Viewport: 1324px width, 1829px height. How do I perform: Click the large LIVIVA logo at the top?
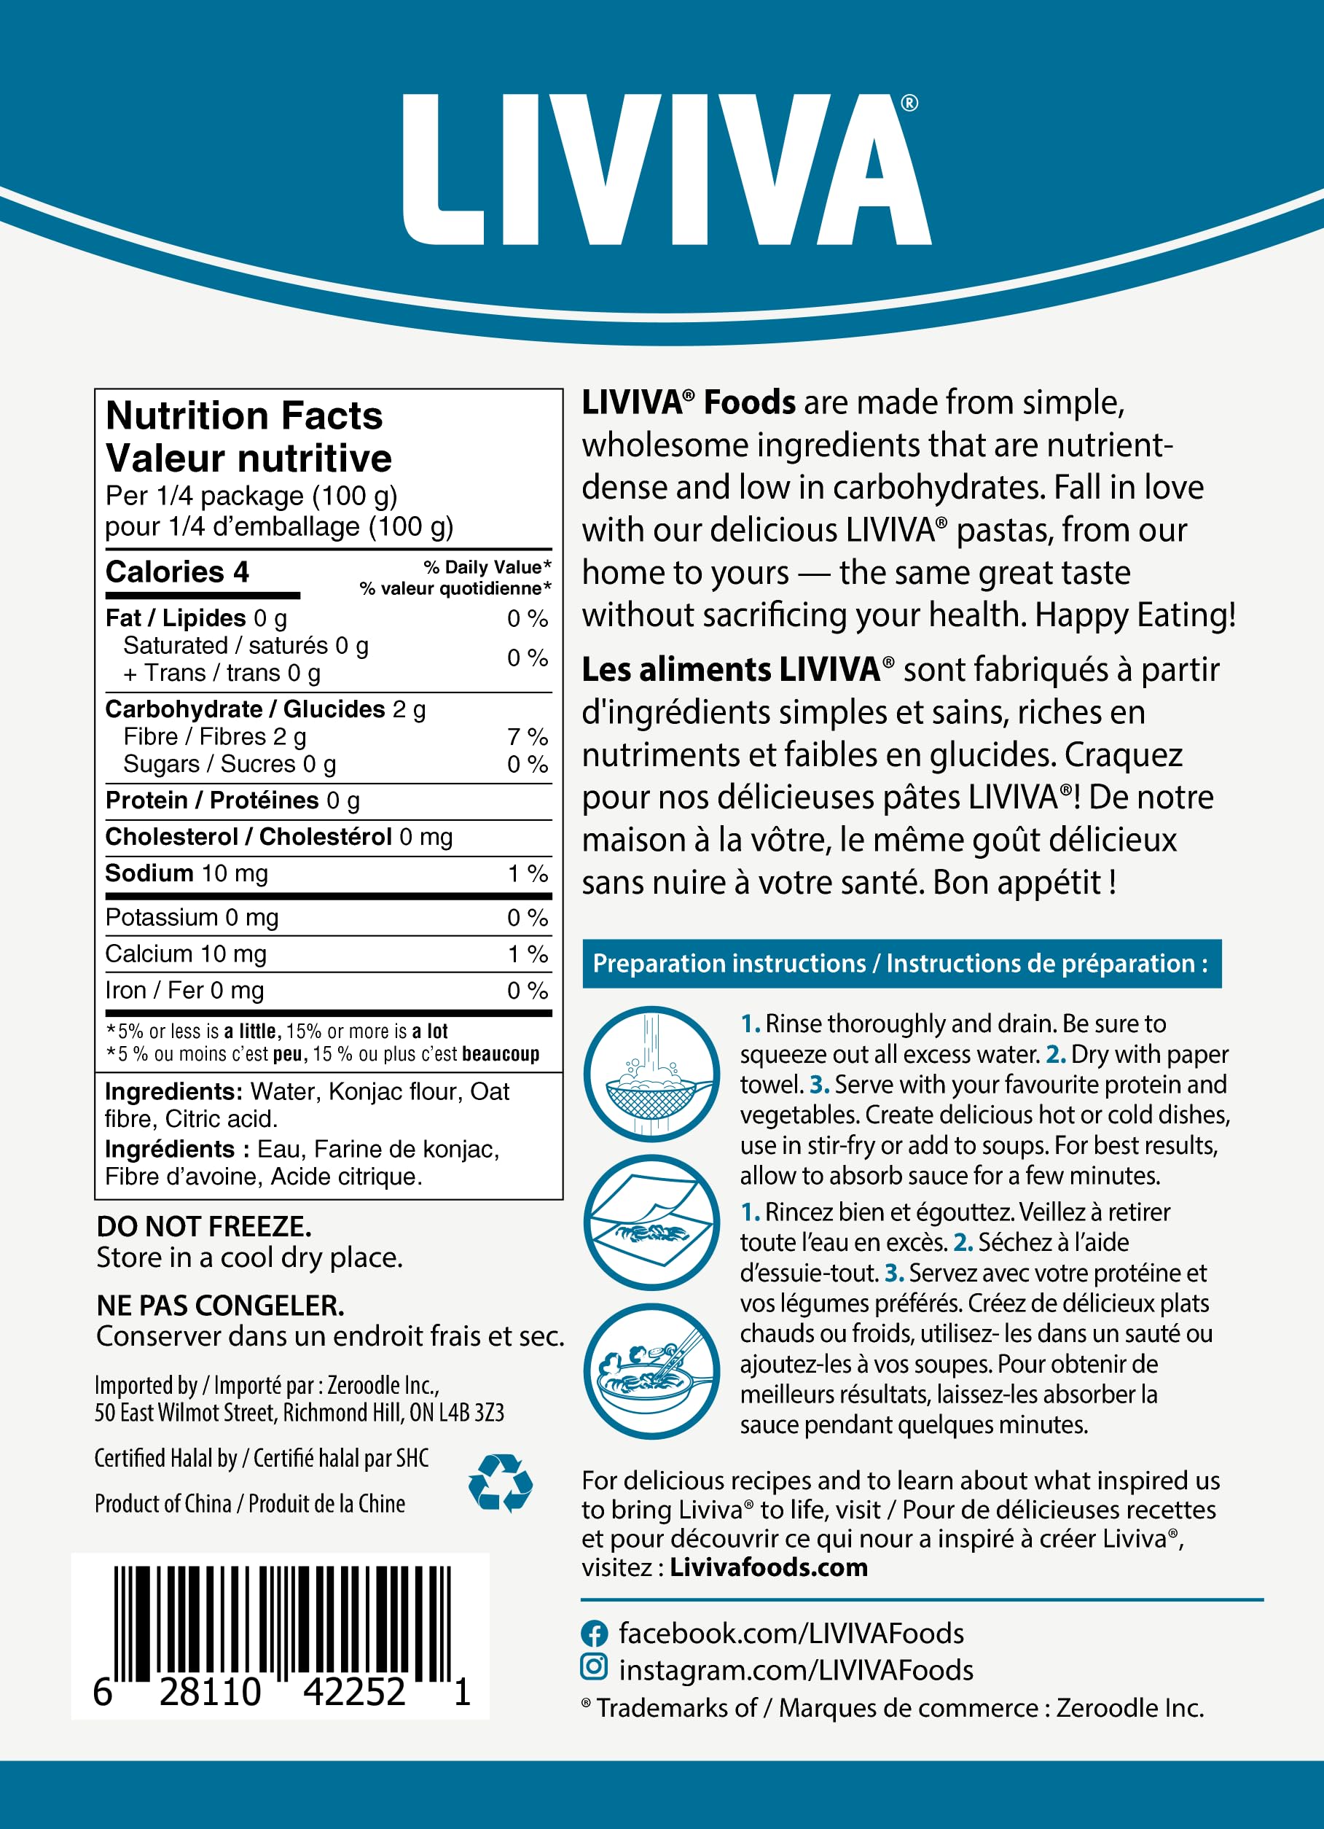(667, 169)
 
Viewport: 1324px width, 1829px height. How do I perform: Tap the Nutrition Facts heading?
(243, 416)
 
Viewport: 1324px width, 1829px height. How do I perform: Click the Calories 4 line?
(177, 572)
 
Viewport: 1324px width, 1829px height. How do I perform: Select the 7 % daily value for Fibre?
(528, 736)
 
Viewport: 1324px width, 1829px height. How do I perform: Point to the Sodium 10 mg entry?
(187, 873)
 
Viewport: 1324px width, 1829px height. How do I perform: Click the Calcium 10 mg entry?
(186, 954)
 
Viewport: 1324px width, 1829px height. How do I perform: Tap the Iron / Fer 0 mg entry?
(184, 990)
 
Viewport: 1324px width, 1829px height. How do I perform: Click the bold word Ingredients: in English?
(173, 1091)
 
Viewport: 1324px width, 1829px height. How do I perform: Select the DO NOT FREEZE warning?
(204, 1227)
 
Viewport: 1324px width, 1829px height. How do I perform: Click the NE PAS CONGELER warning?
(220, 1306)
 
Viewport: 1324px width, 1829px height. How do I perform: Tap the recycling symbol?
(500, 1482)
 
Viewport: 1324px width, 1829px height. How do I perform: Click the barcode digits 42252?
(354, 1691)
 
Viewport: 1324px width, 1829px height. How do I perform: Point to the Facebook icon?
(595, 1634)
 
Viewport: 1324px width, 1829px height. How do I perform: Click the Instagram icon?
(595, 1666)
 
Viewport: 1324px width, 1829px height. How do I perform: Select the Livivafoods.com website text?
(769, 1567)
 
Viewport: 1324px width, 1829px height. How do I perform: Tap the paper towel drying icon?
(651, 1222)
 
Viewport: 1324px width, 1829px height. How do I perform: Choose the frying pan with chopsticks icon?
(651, 1371)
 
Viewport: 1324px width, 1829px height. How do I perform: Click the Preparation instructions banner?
(901, 964)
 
